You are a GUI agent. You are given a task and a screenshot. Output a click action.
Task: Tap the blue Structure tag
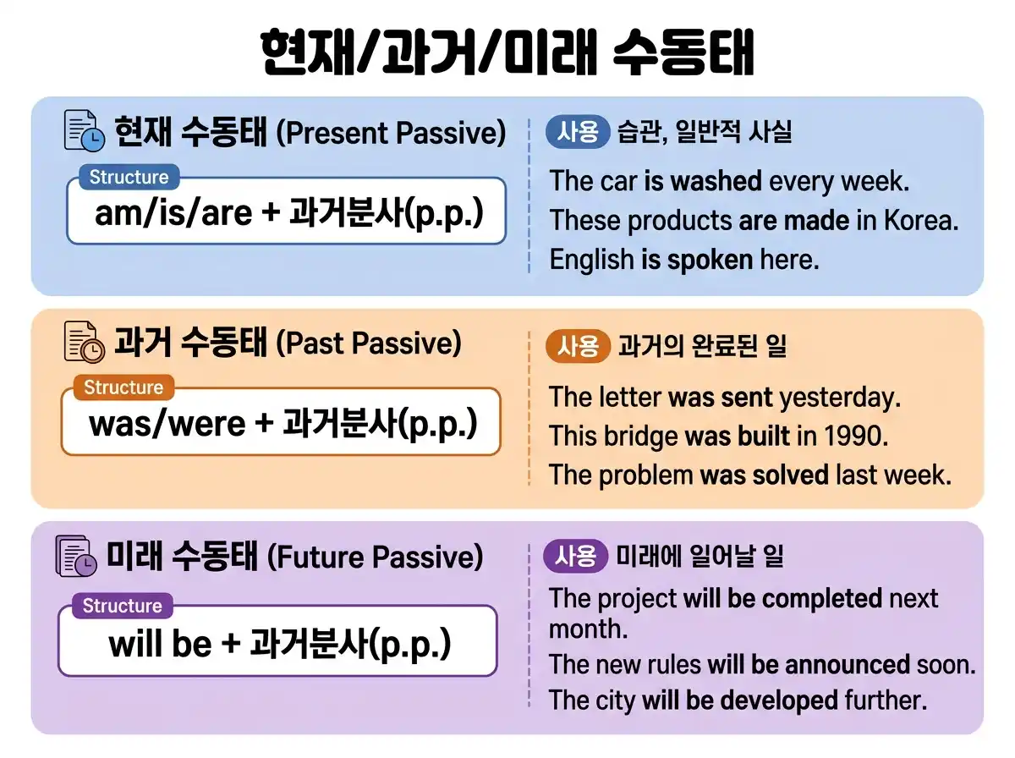point(129,178)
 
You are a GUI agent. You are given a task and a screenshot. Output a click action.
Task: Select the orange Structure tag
point(123,387)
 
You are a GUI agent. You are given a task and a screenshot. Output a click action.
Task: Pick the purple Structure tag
point(122,606)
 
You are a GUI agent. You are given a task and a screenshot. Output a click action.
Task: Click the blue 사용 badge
point(579,132)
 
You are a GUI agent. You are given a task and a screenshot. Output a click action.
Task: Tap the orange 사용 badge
point(579,346)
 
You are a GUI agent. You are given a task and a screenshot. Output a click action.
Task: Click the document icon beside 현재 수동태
point(85,132)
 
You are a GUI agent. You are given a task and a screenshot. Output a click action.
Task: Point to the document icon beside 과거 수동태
point(85,343)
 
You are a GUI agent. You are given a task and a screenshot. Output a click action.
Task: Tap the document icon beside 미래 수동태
point(76,556)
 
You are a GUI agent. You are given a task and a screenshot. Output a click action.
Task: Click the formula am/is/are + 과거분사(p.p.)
point(288,212)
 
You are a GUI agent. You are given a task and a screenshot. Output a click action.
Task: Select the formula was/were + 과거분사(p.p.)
point(283,422)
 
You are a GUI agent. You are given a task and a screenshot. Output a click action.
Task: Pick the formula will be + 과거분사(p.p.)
point(279,645)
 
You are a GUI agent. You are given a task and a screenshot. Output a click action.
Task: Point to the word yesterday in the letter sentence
point(839,397)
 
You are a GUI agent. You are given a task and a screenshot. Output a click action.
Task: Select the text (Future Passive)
point(375,557)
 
